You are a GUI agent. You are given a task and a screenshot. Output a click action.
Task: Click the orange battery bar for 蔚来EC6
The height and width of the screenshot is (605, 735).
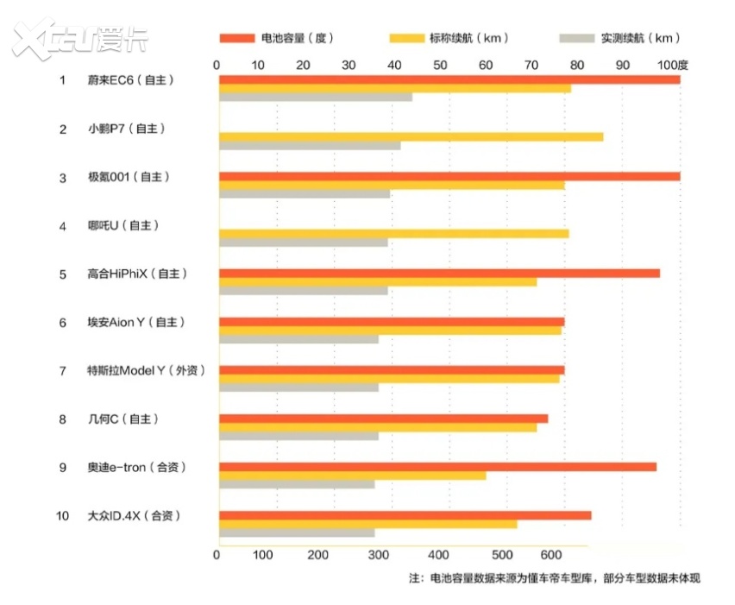tap(449, 80)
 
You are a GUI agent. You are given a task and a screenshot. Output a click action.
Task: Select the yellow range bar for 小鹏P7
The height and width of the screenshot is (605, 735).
tap(411, 136)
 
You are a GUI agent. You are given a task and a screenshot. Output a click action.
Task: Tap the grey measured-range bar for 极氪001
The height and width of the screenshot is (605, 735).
tap(305, 193)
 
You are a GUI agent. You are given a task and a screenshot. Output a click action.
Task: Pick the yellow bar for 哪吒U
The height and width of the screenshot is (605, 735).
tap(393, 233)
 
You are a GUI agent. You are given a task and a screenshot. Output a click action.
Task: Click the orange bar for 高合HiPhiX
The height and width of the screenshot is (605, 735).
tap(439, 274)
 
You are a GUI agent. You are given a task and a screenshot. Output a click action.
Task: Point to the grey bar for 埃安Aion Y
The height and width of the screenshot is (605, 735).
tap(298, 339)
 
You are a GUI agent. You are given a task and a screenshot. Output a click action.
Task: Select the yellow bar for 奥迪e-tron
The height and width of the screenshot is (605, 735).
tap(352, 476)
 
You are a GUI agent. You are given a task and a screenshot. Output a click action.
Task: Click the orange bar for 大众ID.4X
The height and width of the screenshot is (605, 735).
tap(405, 515)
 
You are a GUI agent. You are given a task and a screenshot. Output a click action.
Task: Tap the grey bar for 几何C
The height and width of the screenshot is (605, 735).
tap(298, 436)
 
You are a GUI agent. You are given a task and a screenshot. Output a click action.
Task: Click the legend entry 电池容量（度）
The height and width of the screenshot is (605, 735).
tap(276, 38)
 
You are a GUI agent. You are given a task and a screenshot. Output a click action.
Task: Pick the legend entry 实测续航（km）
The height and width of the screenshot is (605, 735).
tap(620, 38)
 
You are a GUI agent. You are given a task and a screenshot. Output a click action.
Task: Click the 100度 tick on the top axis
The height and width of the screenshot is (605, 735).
tap(672, 65)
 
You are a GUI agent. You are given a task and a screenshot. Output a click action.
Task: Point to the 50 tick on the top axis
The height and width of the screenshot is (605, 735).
tap(440, 65)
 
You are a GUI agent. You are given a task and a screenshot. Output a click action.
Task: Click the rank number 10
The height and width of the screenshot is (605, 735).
tap(62, 516)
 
